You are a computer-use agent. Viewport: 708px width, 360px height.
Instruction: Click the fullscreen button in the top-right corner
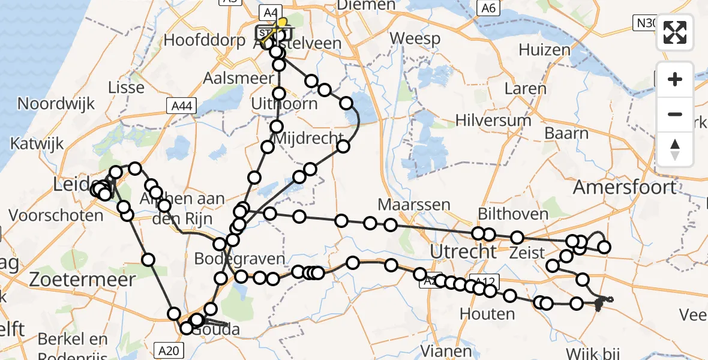[675, 32]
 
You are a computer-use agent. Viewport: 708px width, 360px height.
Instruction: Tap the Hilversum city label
[493, 120]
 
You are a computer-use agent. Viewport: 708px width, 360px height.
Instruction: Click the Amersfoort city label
[625, 187]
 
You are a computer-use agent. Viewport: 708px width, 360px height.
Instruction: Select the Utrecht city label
[464, 251]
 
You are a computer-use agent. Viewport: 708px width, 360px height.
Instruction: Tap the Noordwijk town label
[56, 103]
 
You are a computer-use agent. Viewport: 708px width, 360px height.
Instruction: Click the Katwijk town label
[37, 145]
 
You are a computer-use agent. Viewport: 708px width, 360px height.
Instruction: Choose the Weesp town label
[415, 39]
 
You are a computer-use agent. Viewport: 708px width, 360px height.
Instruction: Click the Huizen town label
[544, 50]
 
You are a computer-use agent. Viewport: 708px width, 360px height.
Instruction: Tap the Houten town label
[487, 313]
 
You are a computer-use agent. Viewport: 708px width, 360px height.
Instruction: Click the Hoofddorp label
[204, 41]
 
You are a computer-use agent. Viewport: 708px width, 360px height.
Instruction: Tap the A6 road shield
[488, 8]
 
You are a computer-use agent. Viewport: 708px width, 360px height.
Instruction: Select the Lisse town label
[126, 87]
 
